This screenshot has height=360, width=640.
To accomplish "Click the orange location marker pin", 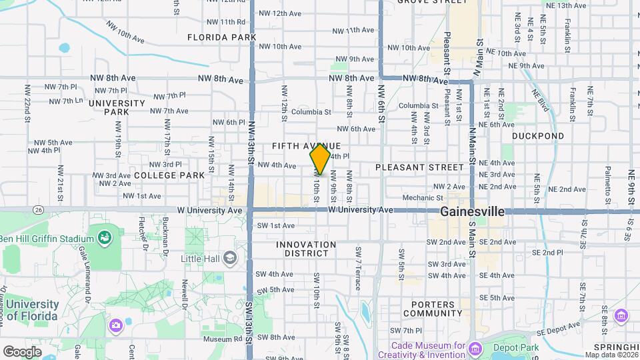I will coord(320,159).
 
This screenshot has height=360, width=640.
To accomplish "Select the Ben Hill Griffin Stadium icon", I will coord(104,237).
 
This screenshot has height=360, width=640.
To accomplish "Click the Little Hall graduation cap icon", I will coord(229,257).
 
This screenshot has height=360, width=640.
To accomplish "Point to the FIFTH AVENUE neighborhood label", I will coord(307,145).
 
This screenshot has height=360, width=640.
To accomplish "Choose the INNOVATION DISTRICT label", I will coord(306,249).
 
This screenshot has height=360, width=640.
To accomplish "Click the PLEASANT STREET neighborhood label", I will coord(419,167).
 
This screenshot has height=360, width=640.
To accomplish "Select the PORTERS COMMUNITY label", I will coord(432,309).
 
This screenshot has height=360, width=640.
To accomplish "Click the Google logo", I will coord(22,351).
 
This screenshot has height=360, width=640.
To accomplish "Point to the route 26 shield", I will coord(37,209).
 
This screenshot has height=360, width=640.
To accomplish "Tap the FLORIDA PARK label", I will coord(222,37).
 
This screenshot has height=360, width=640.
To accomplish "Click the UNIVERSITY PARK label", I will coord(117,107).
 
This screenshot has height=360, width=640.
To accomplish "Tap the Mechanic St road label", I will coord(423,197).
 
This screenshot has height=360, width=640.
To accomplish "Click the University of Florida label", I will coord(33,309).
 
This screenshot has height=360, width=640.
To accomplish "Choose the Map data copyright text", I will coord(611,355).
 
